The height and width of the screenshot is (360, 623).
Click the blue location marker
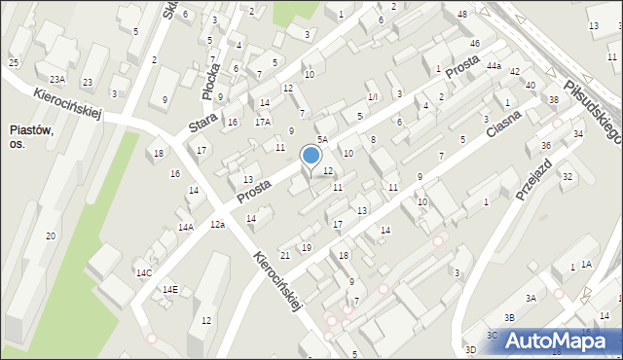311,156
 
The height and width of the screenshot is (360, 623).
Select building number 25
14,63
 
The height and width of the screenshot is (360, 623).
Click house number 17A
263,122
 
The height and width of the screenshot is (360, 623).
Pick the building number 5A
321,140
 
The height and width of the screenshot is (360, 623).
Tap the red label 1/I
373,97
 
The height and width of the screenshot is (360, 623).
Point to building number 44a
495,66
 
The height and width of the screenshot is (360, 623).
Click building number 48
461,15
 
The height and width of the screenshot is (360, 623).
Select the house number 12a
217,225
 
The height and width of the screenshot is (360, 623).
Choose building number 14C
144,272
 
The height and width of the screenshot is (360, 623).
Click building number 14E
170,289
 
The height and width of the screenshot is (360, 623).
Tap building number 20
50,236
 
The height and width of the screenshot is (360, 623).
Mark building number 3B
509,317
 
